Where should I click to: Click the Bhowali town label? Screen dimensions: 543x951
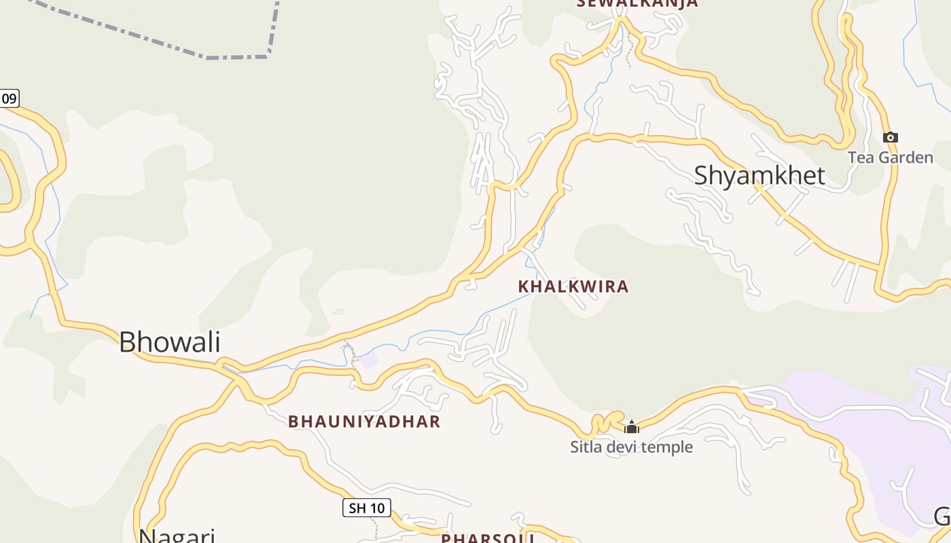pyautogui.click(x=170, y=341)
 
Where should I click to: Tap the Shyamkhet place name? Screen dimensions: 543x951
pyautogui.click(x=759, y=176)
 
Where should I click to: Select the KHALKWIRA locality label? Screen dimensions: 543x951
pyautogui.click(x=573, y=286)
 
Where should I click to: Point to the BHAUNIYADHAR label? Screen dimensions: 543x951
pyautogui.click(x=364, y=422)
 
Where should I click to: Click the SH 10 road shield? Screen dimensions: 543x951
pyautogui.click(x=366, y=508)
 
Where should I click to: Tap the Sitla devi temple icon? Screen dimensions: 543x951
pyautogui.click(x=632, y=427)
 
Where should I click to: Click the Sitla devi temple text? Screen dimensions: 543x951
pyautogui.click(x=631, y=447)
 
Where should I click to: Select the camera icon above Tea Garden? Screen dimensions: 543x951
pyautogui.click(x=890, y=138)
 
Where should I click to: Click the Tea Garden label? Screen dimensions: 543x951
pyautogui.click(x=890, y=158)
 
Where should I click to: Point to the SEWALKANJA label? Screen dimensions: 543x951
pyautogui.click(x=637, y=3)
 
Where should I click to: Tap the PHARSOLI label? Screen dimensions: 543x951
pyautogui.click(x=488, y=538)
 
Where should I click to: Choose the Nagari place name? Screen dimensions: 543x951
pyautogui.click(x=177, y=535)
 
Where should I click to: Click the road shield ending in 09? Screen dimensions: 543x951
pyautogui.click(x=9, y=98)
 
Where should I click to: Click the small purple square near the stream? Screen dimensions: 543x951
pyautogui.click(x=369, y=360)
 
